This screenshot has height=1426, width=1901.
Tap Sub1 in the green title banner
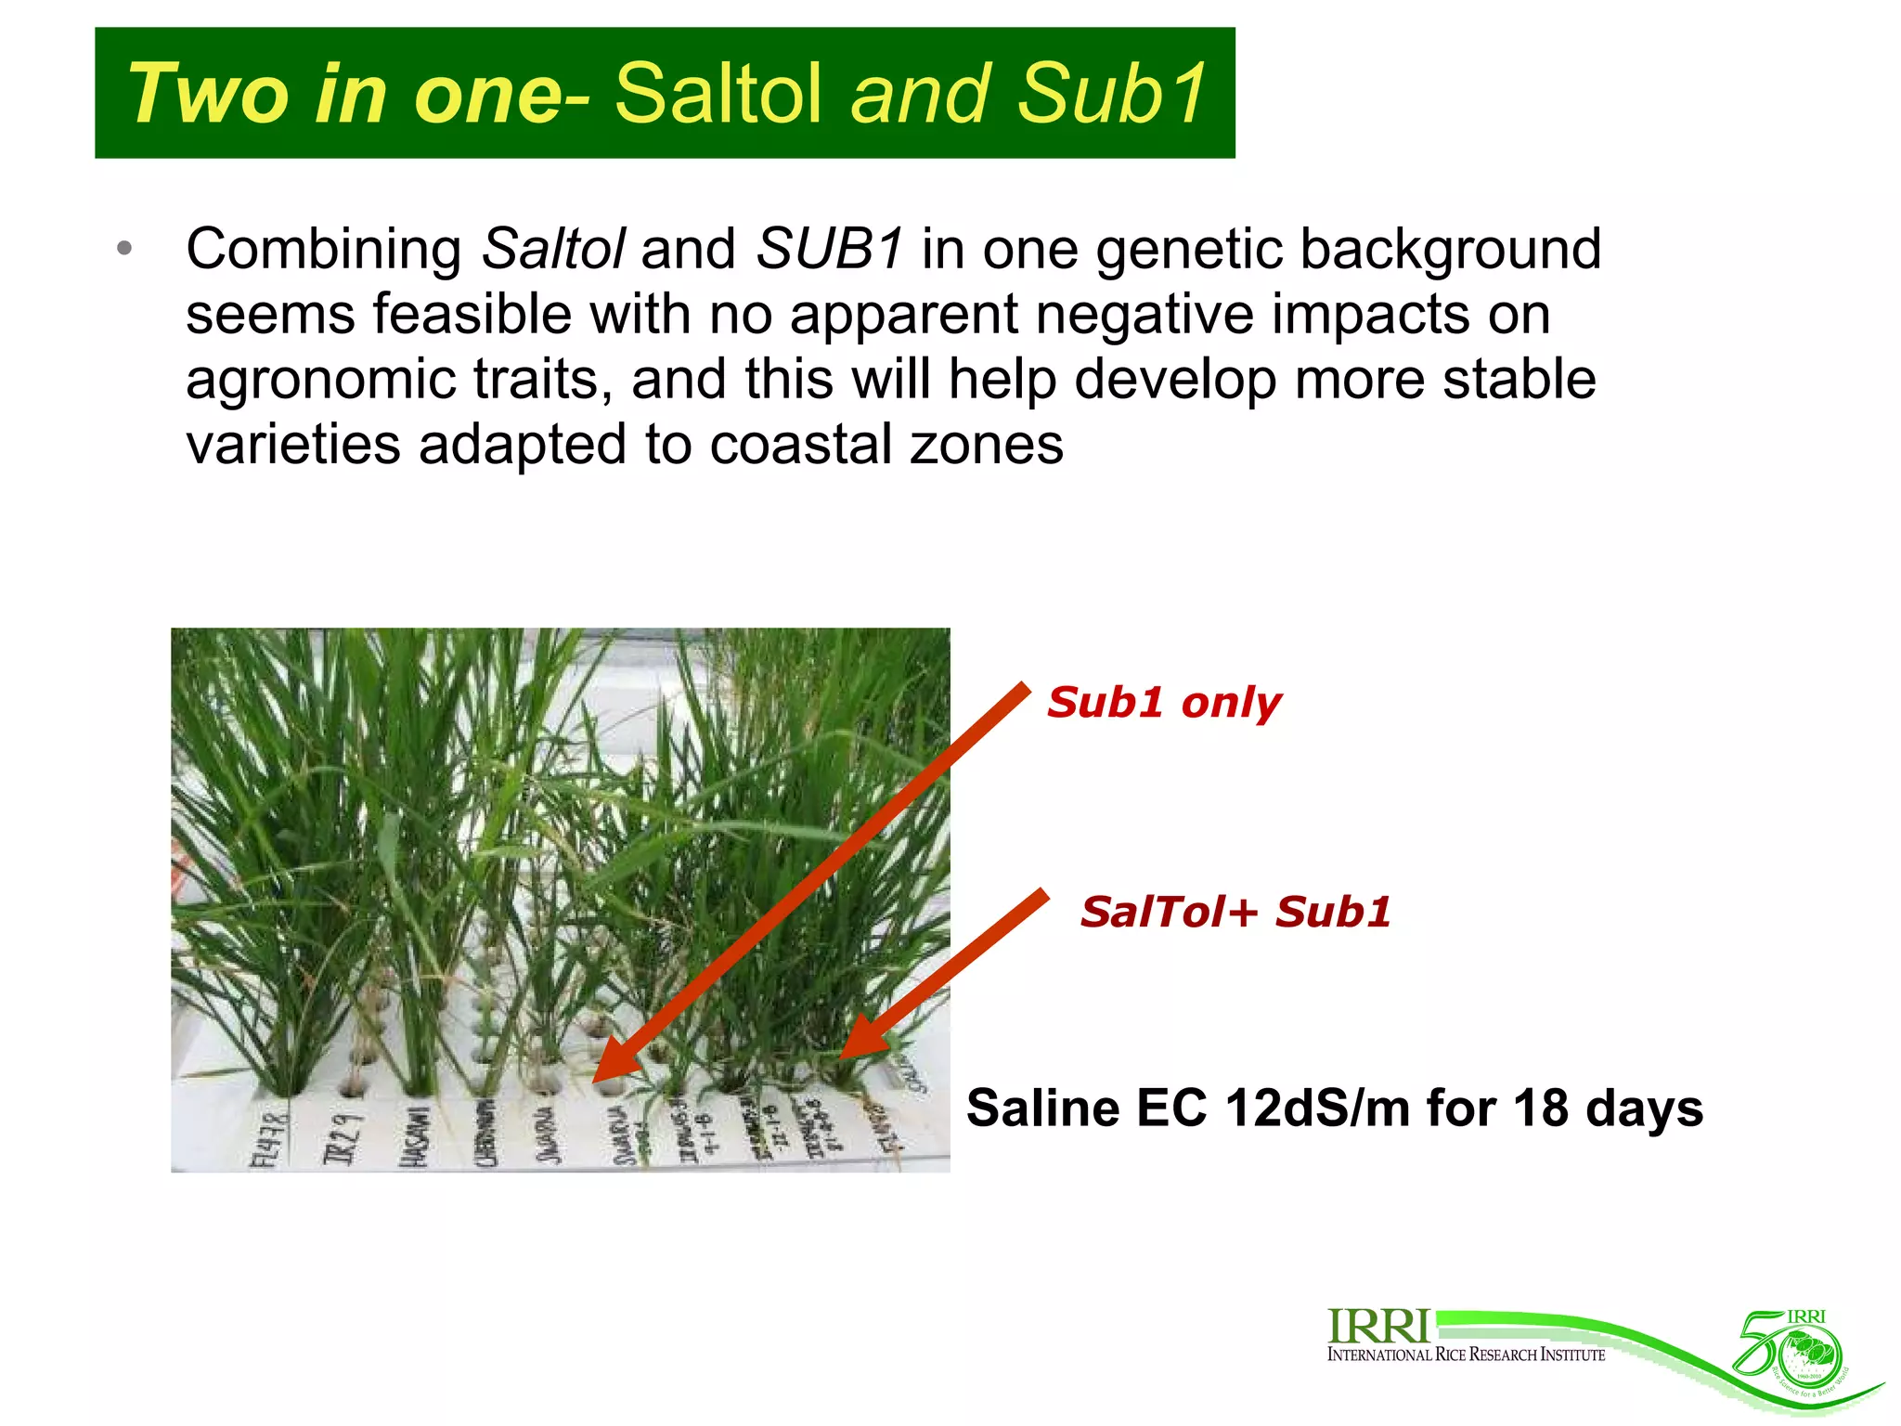coord(1111,93)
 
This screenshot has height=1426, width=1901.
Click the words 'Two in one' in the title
coord(343,93)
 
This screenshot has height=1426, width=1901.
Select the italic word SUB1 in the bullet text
coord(829,249)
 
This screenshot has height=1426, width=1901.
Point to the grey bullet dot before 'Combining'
coord(124,249)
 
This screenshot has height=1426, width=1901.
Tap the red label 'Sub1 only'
coord(1164,703)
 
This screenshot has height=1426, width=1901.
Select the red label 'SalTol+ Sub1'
coord(1235,912)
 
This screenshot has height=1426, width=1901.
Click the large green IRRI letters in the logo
coord(1377,1326)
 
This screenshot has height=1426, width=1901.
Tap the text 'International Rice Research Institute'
coord(1466,1355)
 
